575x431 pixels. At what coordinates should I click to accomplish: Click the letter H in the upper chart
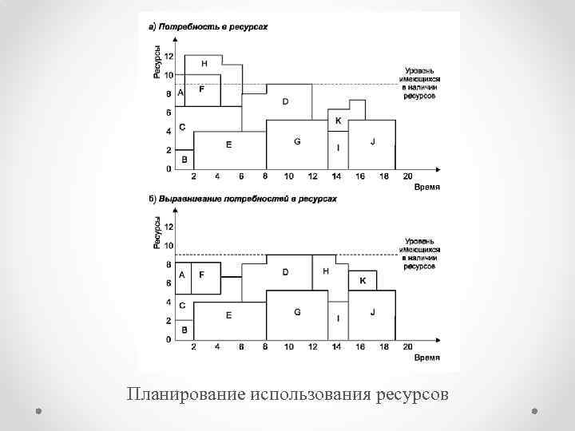(204, 62)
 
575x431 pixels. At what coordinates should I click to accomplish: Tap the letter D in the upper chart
(285, 101)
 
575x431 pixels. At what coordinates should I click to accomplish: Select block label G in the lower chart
(297, 312)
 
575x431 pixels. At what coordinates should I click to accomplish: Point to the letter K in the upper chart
(338, 121)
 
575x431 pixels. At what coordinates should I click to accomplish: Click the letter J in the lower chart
(372, 312)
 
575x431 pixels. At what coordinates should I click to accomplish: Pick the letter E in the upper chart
(228, 144)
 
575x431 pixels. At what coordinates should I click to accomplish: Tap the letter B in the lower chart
(184, 330)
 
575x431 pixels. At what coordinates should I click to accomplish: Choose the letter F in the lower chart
(201, 274)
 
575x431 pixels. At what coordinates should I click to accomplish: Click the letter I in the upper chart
(338, 148)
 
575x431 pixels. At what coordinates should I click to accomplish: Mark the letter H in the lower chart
(325, 271)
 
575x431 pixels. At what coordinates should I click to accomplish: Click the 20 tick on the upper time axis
(407, 176)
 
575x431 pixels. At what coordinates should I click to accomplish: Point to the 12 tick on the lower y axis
(169, 227)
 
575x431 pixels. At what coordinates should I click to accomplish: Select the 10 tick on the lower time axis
(288, 347)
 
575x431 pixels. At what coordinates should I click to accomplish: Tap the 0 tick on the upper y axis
(169, 169)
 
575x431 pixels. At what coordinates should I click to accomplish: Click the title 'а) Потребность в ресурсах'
(209, 27)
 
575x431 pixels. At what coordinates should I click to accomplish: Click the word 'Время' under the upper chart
(426, 188)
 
